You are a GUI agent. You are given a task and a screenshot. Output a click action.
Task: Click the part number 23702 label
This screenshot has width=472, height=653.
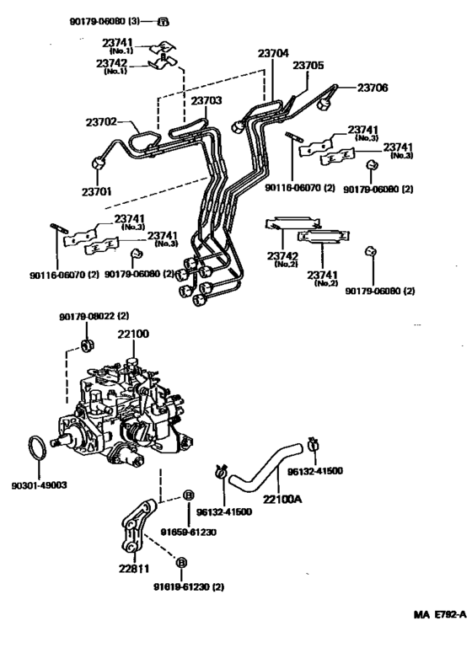click(103, 122)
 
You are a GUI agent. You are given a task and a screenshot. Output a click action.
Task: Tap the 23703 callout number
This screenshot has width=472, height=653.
click(206, 101)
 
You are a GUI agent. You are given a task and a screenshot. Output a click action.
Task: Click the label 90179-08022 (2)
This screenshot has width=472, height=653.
click(94, 316)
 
